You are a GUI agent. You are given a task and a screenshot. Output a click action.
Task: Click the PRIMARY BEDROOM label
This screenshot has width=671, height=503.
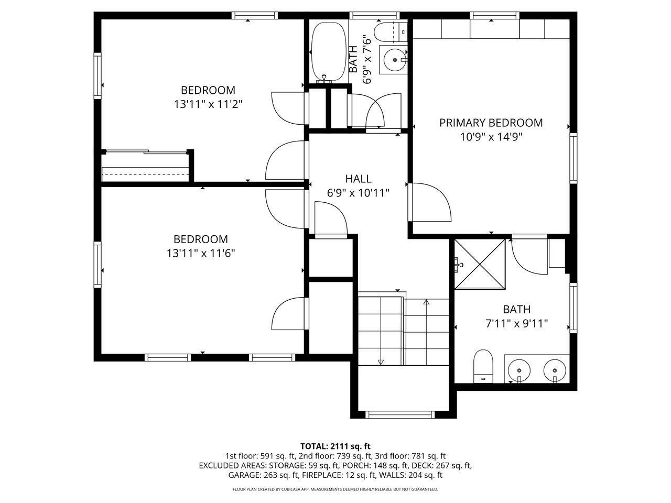[491, 123]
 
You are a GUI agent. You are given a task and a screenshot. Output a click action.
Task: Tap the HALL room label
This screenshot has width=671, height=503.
[358, 179]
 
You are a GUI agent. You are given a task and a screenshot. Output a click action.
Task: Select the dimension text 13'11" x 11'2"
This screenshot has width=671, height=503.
[208, 104]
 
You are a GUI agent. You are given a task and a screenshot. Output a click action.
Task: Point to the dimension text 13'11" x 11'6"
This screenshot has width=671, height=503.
[201, 254]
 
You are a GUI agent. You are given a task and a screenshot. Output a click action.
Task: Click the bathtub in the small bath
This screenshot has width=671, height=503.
[329, 52]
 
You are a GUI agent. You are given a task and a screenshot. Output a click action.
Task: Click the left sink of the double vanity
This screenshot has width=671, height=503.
[519, 370]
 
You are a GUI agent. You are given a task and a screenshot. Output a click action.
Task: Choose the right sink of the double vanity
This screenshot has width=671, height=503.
[554, 370]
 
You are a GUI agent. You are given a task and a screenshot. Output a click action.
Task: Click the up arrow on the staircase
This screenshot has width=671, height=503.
[426, 302]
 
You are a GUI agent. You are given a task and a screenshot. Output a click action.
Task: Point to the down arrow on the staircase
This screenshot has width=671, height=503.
[381, 362]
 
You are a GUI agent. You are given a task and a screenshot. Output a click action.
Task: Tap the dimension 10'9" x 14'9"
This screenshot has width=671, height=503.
[491, 137]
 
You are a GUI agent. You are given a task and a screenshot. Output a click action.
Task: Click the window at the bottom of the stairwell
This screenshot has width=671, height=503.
[400, 414]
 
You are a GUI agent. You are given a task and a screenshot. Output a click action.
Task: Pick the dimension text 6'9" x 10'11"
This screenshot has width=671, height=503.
[358, 193]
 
